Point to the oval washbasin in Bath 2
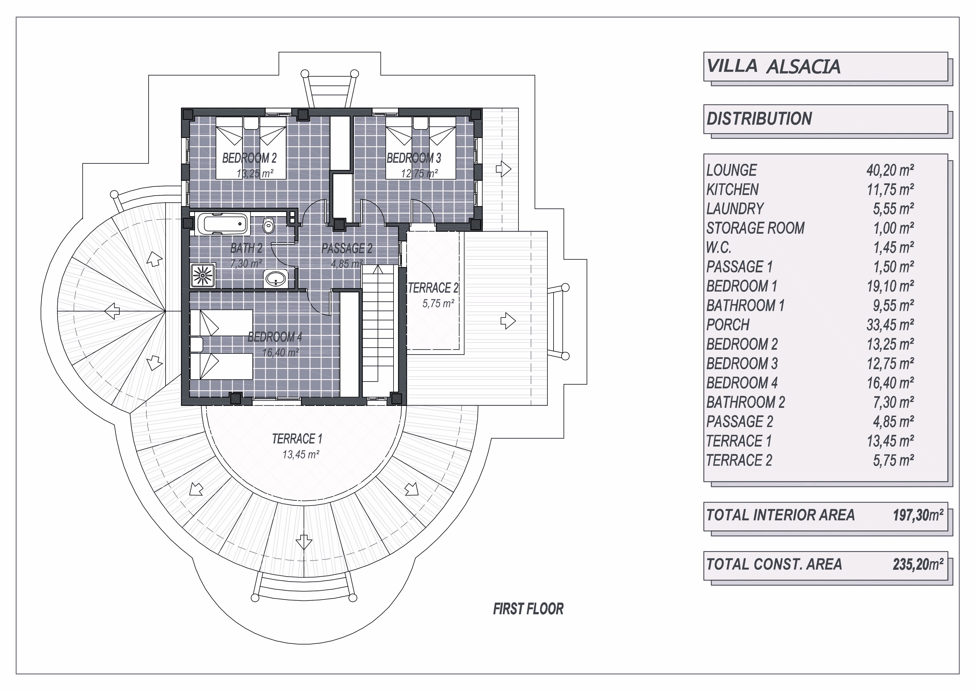pos(276,279)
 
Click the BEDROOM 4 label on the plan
pos(275,337)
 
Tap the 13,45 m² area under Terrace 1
pos(301,455)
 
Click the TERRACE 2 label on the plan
pos(433,288)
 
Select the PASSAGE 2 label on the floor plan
pos(347,248)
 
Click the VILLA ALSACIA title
pos(773,67)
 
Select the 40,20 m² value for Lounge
pos(890,170)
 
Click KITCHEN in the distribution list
pos(732,189)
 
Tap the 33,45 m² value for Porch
pos(890,325)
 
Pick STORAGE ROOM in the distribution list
pos(755,228)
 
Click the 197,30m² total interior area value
pos(918,515)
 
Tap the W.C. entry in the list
pos(719,247)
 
